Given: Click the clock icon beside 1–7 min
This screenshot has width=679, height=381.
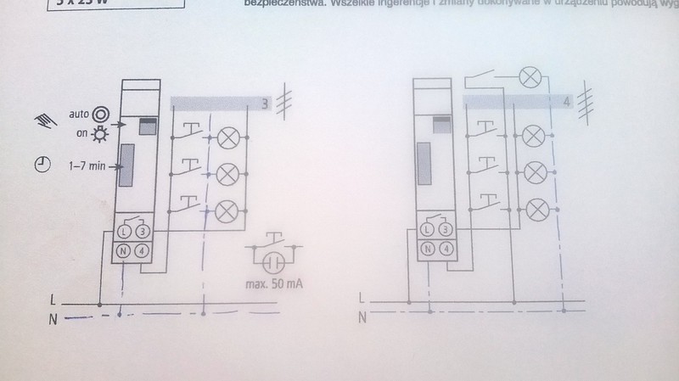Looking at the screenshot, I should pos(41,166).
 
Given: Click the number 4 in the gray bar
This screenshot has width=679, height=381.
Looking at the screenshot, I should pos(566,101).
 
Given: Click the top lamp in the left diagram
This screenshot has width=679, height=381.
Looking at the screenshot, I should pos(227,137).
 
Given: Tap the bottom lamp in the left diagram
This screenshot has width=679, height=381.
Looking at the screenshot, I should pos(227,210).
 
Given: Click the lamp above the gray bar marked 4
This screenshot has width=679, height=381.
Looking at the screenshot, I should pos(530,79).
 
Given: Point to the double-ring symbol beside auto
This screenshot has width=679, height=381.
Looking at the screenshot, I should pos(101,111).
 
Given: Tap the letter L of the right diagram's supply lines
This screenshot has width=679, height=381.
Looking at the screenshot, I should pos(361,299).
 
